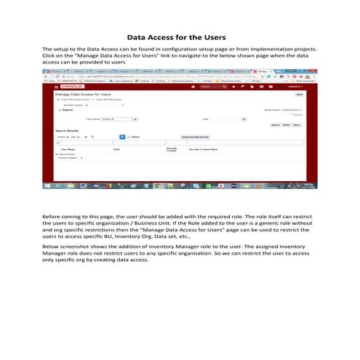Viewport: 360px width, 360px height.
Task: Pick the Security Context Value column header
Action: [x=204, y=149]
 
